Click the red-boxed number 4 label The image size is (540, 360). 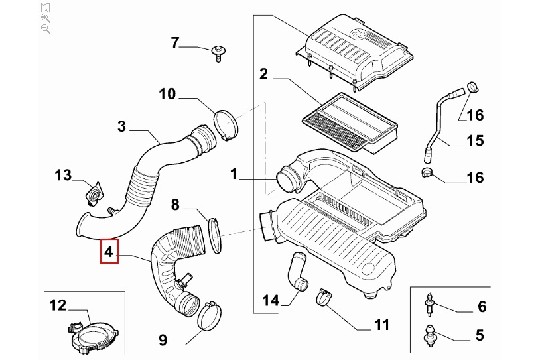(x=109, y=251)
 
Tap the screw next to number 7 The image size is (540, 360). (x=218, y=53)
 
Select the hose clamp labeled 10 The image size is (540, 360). (x=226, y=125)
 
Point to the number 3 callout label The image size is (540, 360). (x=122, y=127)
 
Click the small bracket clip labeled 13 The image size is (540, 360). (x=94, y=194)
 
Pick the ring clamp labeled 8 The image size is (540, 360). (x=215, y=236)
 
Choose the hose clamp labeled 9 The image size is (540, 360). (x=209, y=315)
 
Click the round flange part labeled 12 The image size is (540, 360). (x=94, y=337)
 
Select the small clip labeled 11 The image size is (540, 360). (x=324, y=297)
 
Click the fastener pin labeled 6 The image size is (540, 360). (x=430, y=304)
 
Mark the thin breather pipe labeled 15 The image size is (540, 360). (x=439, y=125)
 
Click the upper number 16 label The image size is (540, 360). (x=476, y=115)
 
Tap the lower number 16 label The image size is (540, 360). (x=476, y=178)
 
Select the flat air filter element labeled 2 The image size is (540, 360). (x=350, y=123)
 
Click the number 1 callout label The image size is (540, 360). (x=234, y=174)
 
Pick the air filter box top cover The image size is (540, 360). (x=355, y=52)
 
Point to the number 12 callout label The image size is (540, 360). (x=58, y=305)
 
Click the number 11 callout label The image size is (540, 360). (x=382, y=325)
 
